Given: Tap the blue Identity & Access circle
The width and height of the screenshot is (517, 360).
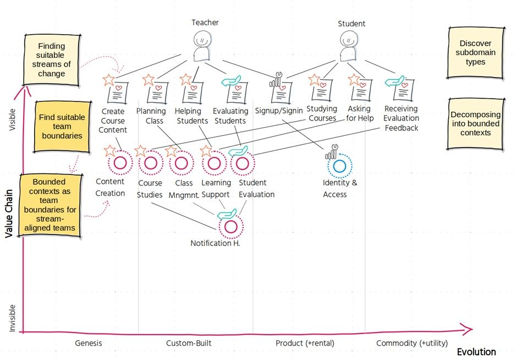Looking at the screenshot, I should pos(339,165).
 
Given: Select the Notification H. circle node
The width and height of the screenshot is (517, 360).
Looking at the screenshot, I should pos(231,226).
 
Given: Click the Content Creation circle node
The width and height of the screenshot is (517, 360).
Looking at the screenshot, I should pos(120,163).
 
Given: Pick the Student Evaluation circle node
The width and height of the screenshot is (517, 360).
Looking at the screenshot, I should pos(243,163).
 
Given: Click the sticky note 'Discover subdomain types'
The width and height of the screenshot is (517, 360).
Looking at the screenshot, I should pos(475,53).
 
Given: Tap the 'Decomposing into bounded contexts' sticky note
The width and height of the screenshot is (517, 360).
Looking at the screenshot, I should pos(475,123).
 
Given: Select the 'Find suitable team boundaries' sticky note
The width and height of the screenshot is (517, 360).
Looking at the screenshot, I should pos(62,126).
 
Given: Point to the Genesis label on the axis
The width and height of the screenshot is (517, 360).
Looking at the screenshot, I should pos(89,343).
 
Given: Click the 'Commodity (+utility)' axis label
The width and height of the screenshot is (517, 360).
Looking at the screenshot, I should pos(412,343).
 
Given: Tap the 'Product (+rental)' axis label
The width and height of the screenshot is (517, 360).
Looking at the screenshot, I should pos(305,343).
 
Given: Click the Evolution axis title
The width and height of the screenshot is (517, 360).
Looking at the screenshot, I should pos(476,352).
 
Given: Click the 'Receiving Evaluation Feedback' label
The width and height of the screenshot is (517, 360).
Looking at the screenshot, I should pos(401,118).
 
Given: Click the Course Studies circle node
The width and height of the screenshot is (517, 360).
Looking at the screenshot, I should pos(150,163).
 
